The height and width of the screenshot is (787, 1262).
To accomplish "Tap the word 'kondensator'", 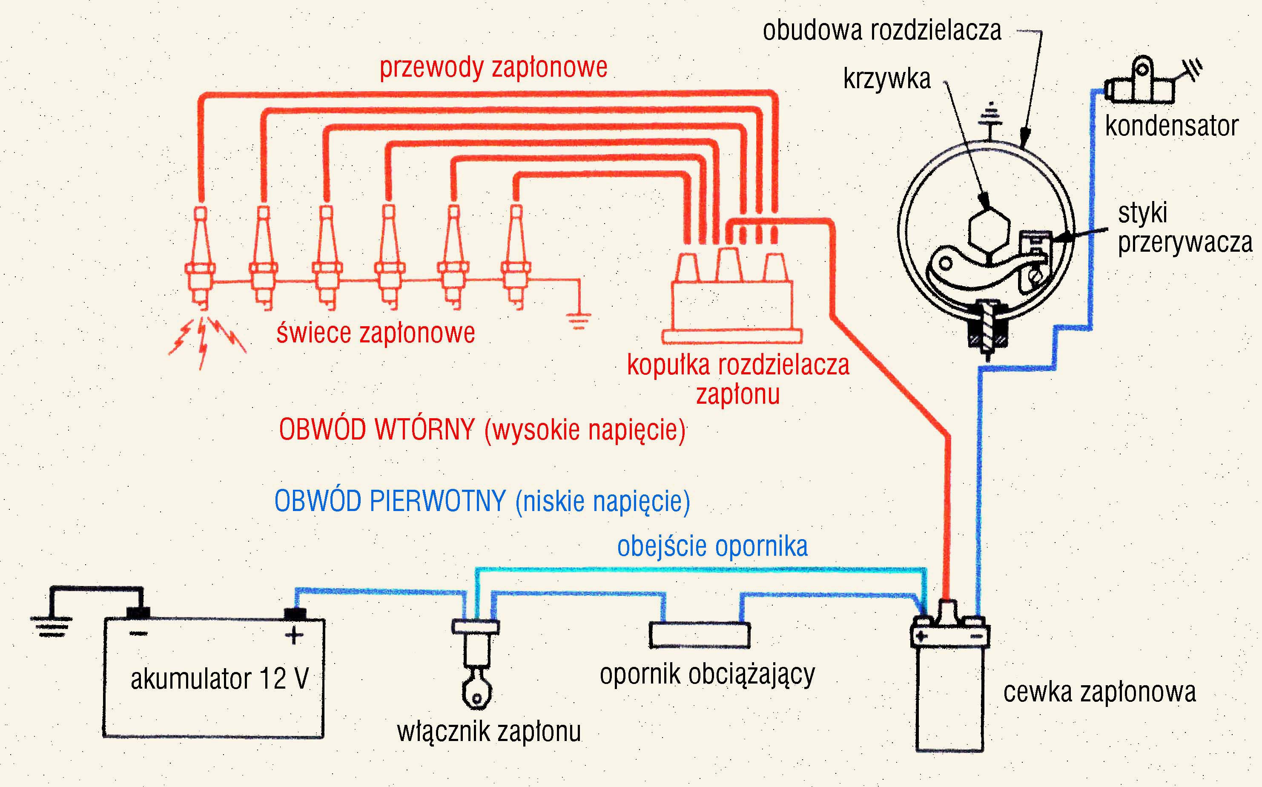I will tap(1171, 126).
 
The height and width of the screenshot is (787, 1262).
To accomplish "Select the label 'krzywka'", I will tap(887, 79).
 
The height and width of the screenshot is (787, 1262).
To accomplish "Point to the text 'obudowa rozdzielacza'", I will tap(882, 30).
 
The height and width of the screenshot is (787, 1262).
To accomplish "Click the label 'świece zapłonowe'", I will tap(375, 333).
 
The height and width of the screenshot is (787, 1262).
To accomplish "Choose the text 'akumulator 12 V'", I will tap(220, 679).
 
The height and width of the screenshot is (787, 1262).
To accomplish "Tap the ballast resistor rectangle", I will tap(700, 635).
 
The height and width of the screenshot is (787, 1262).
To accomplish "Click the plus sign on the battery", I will tap(294, 635).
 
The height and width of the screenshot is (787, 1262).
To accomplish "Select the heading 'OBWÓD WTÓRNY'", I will tap(377, 430).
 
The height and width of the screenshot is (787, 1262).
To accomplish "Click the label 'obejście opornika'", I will tap(712, 546).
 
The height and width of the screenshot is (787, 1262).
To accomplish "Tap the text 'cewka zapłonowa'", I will tap(1099, 692).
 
